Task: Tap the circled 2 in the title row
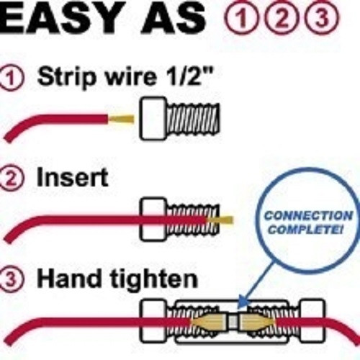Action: click(282, 17)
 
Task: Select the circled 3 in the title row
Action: click(322, 17)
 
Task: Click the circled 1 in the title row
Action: click(241, 17)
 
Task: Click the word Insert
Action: click(72, 177)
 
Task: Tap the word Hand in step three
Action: click(69, 279)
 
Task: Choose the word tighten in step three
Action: click(154, 279)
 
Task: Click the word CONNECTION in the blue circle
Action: click(309, 215)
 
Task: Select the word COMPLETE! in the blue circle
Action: click(306, 230)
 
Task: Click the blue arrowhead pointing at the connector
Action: click(243, 302)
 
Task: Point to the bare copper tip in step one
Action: click(121, 119)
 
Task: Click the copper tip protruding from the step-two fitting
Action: click(221, 220)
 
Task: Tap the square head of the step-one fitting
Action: click(153, 119)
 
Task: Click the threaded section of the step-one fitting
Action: click(193, 118)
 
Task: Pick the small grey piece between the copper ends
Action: click(233, 322)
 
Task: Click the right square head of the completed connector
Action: click(312, 321)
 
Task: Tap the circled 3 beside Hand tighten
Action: click(11, 279)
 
